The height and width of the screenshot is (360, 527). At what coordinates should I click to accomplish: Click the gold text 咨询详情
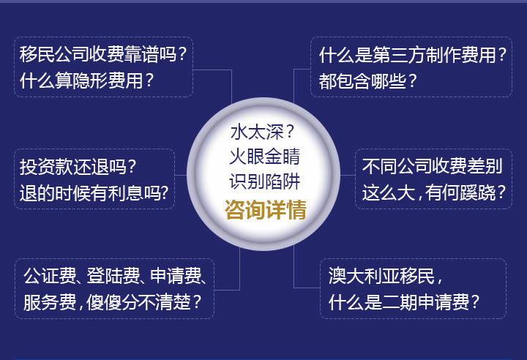[266, 210]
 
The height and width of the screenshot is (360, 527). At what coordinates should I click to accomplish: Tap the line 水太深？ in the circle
[263, 132]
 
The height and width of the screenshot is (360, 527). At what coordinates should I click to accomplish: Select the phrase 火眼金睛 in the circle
[264, 157]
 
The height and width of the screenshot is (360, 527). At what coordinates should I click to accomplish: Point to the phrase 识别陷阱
[264, 182]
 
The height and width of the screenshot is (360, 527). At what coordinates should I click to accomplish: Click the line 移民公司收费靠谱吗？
[103, 54]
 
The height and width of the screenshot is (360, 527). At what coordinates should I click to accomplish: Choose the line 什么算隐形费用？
[86, 80]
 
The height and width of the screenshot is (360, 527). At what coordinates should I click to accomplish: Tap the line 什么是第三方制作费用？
[413, 55]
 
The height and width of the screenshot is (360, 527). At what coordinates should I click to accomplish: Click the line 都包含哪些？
[367, 81]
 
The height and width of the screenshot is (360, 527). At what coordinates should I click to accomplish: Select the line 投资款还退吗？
[78, 166]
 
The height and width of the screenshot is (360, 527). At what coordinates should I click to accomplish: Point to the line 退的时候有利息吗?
[94, 193]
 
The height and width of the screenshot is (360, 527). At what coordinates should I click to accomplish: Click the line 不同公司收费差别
[433, 166]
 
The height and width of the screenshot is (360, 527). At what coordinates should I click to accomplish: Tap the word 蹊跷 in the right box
[478, 192]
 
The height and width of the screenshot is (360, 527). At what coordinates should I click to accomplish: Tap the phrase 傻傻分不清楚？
[144, 302]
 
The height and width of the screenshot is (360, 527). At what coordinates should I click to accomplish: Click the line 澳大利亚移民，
[386, 276]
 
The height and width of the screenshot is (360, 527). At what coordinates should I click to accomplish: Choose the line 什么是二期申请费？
[404, 302]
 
